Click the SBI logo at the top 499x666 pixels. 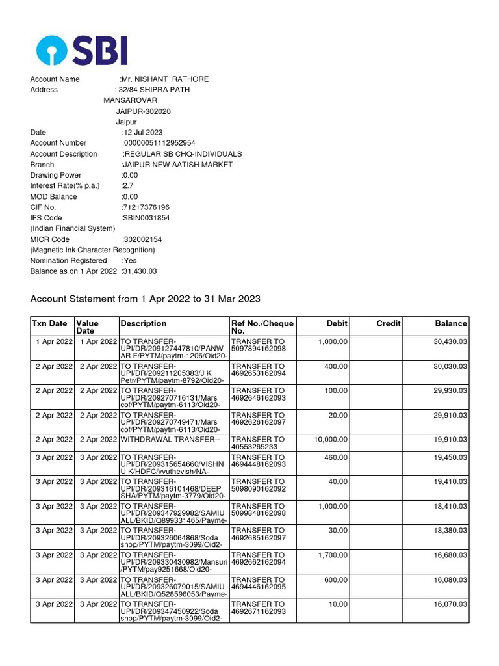[x=82, y=50]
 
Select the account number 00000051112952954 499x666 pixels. [x=159, y=143]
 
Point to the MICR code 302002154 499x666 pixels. [x=142, y=239]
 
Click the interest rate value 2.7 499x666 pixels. [x=127, y=186]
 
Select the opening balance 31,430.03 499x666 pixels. [x=140, y=271]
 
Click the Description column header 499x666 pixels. [x=144, y=323]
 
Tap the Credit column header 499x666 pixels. [x=389, y=323]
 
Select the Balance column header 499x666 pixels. [x=451, y=323]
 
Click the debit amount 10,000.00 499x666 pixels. [x=331, y=440]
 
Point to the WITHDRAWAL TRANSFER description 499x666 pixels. [x=170, y=440]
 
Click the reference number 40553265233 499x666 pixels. [x=253, y=447]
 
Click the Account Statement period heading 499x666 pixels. [x=146, y=299]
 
